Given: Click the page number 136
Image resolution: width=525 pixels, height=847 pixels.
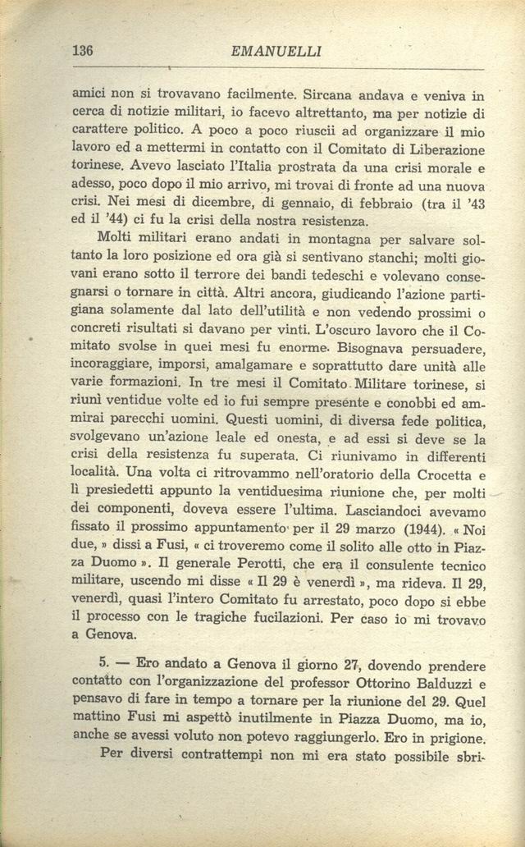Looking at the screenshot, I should click(x=83, y=50).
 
